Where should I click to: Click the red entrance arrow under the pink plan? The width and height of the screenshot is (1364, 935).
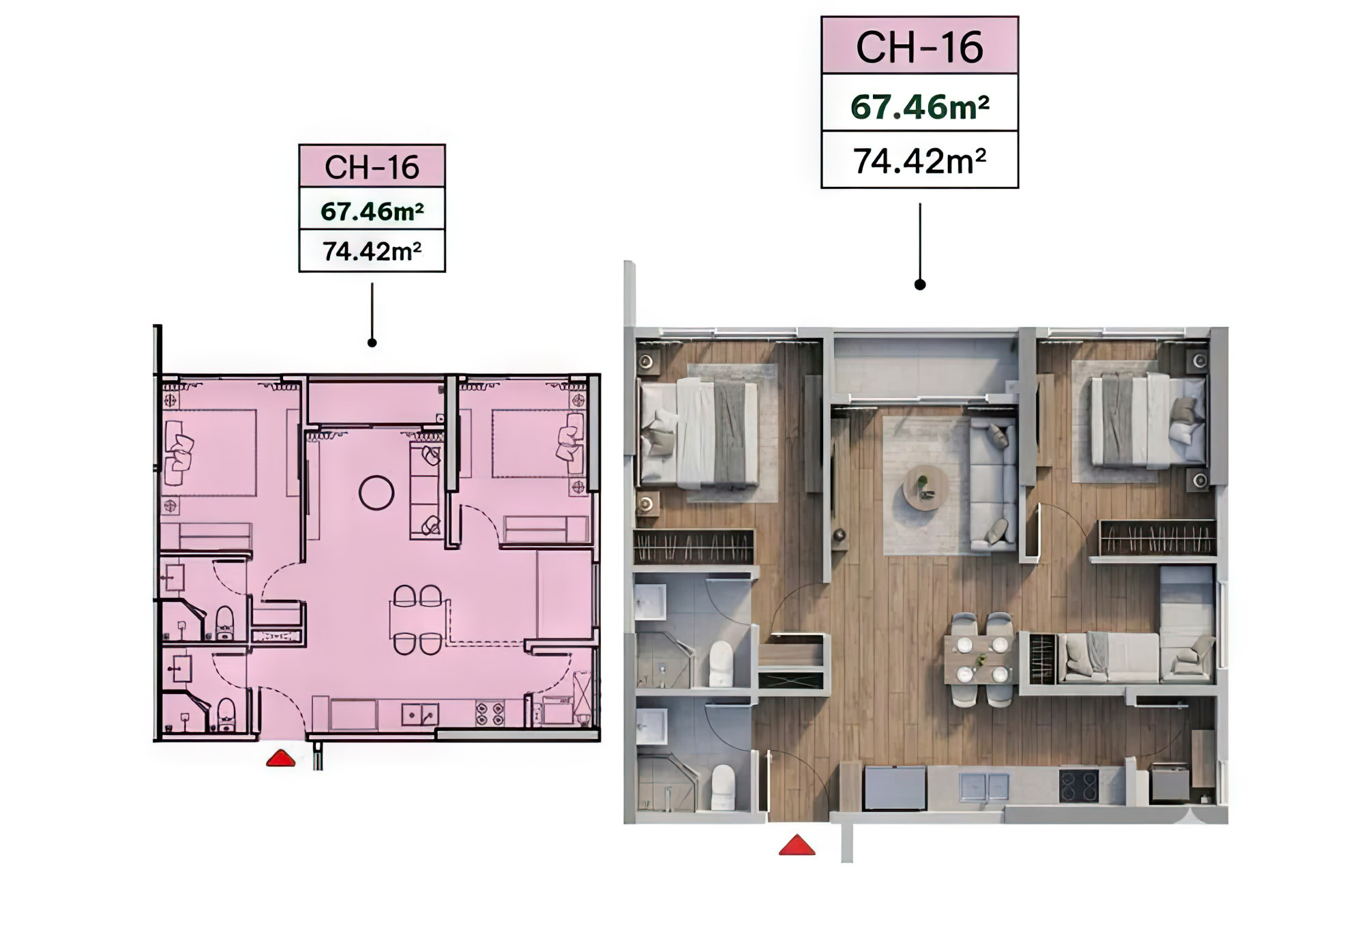click(280, 758)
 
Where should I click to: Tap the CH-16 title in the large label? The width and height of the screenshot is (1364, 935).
click(919, 47)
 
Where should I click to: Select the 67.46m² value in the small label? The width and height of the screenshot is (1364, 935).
click(372, 212)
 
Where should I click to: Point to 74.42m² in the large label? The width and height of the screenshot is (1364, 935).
click(919, 161)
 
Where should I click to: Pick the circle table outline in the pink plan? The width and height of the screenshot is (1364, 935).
click(376, 493)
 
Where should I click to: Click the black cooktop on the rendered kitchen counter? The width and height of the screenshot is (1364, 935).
click(1079, 786)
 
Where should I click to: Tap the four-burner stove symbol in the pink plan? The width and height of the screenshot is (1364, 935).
click(490, 713)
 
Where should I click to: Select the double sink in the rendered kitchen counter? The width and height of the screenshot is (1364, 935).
click(983, 786)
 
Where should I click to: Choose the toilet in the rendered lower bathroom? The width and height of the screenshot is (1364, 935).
click(722, 787)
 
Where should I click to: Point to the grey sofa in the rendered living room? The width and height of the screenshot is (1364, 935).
click(993, 485)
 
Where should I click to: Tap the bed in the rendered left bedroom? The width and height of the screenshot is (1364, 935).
click(698, 435)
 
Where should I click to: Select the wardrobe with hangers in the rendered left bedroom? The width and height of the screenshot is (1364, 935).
click(694, 547)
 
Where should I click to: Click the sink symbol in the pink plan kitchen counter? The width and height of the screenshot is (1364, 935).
click(420, 715)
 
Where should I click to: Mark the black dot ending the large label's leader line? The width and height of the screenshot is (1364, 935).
click(920, 285)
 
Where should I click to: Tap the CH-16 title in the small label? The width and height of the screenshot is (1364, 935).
click(372, 167)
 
